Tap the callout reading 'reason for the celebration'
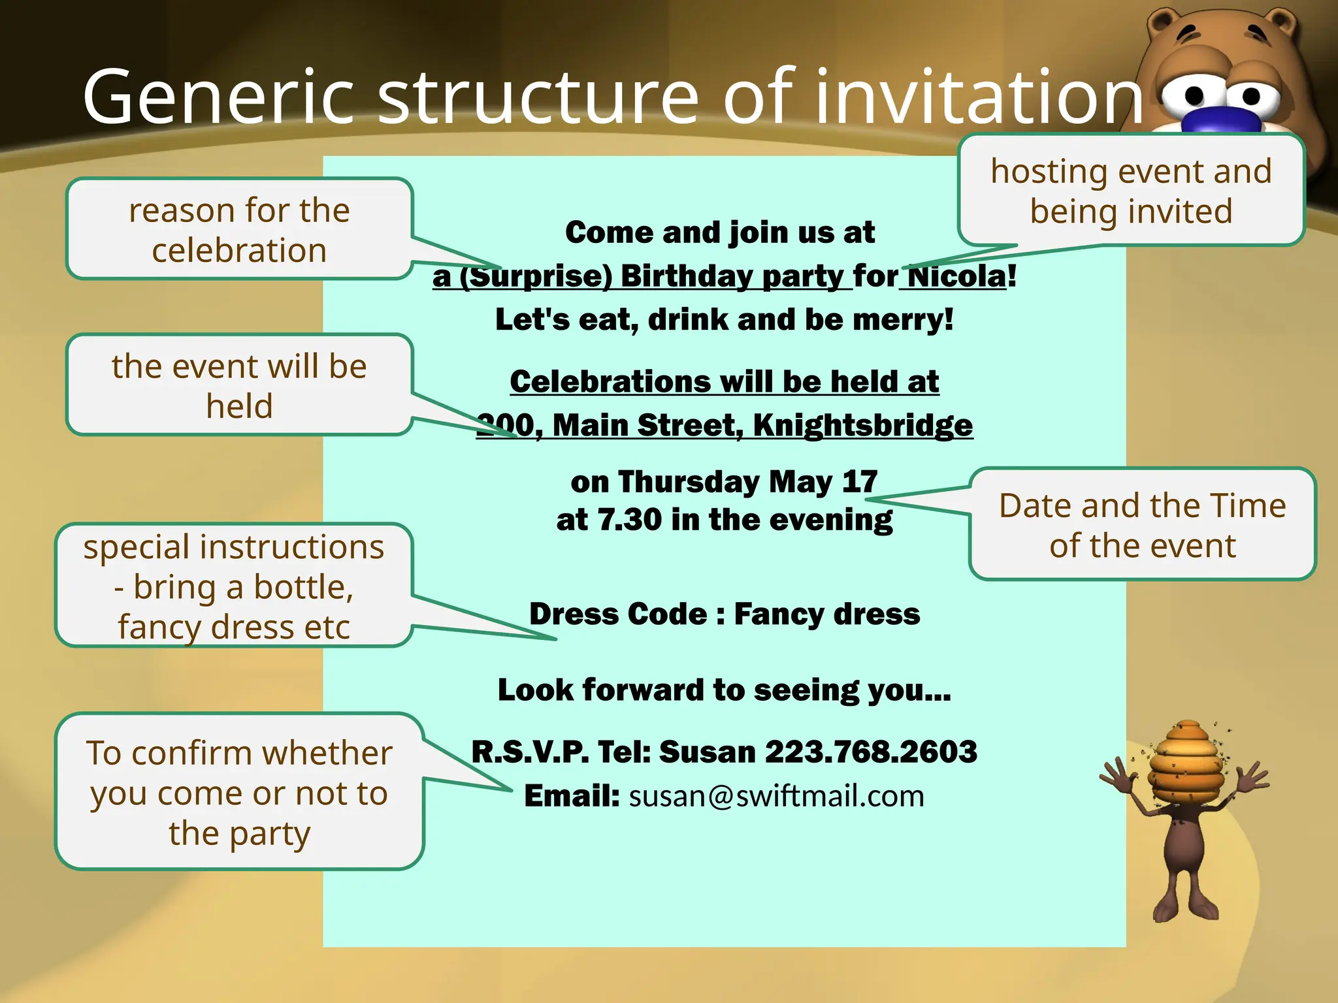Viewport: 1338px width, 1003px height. pyautogui.click(x=239, y=230)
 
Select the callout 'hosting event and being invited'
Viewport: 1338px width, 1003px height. pyautogui.click(x=1131, y=191)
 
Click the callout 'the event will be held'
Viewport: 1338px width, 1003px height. pyautogui.click(x=239, y=385)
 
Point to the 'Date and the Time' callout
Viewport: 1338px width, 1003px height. pyautogui.click(x=1142, y=524)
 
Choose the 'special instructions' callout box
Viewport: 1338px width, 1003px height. pyautogui.click(x=234, y=586)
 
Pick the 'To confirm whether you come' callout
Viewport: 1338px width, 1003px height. pyautogui.click(x=239, y=792)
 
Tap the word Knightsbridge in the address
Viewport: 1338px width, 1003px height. pyautogui.click(x=862, y=426)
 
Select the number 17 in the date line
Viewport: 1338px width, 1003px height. pyautogui.click(x=860, y=483)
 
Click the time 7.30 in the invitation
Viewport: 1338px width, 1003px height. pyautogui.click(x=629, y=520)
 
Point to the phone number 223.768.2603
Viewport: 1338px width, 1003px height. pyautogui.click(x=871, y=752)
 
